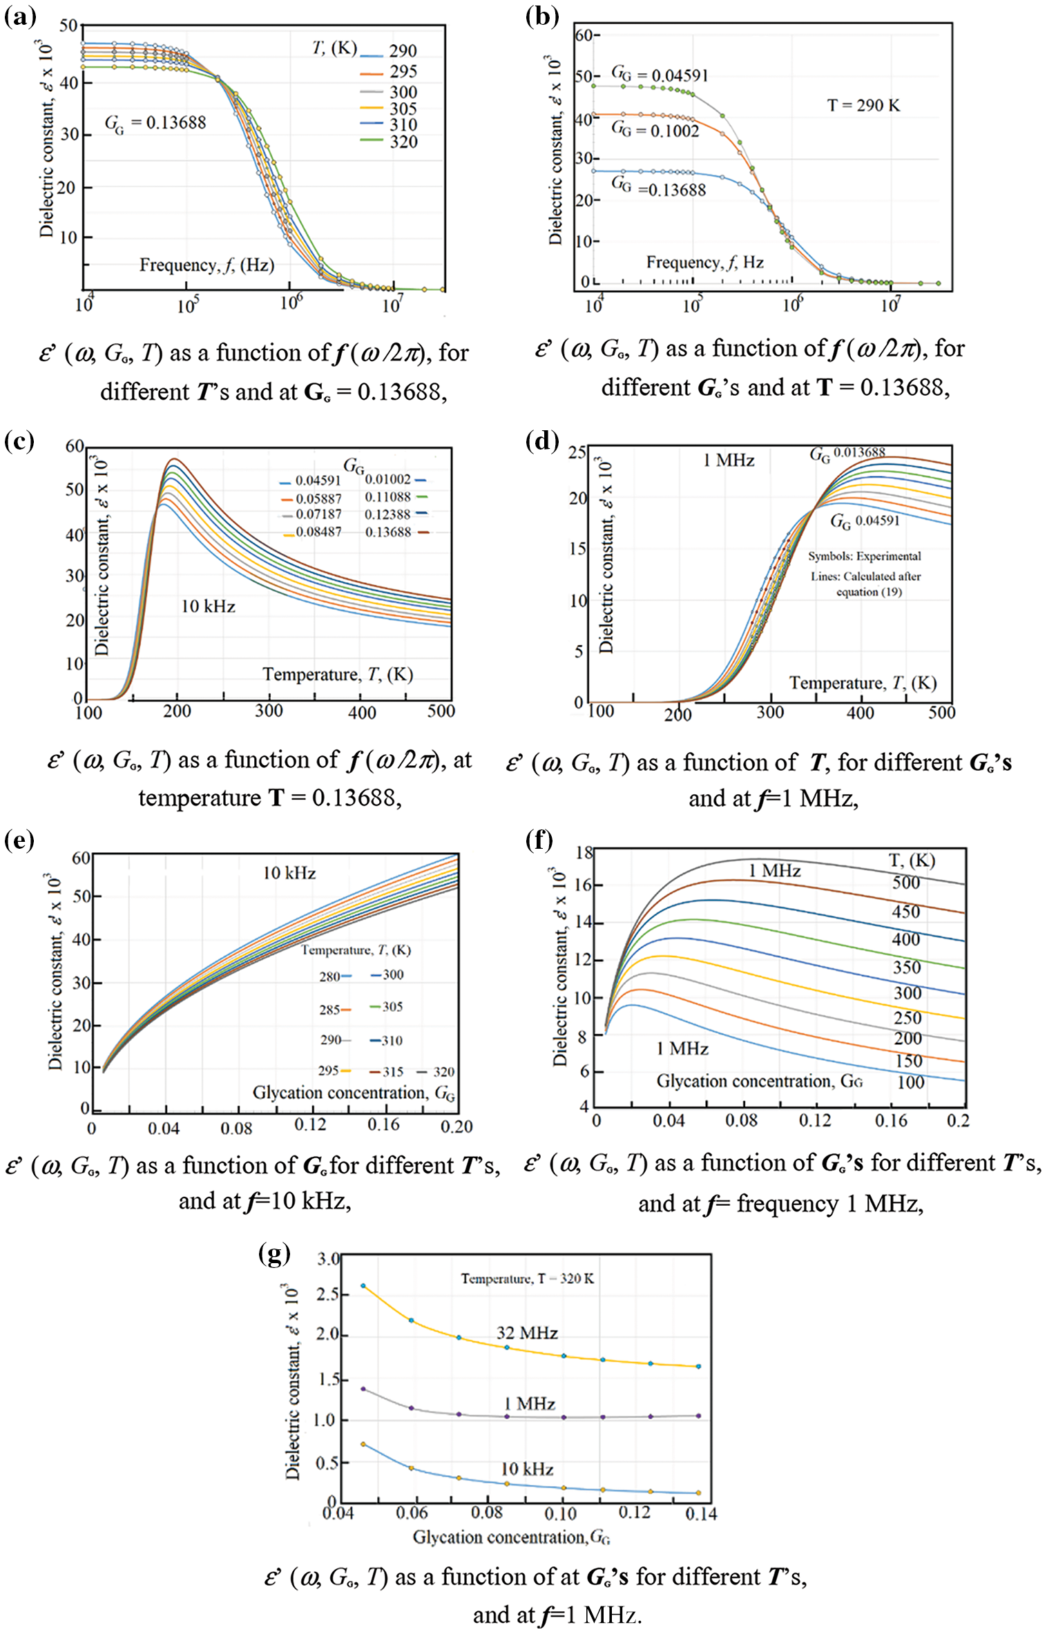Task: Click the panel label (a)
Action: [x=20, y=16]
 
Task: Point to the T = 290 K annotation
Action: [x=863, y=106]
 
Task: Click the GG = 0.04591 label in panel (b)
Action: [x=660, y=75]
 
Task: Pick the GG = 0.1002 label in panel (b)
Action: [x=655, y=130]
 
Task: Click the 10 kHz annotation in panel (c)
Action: [x=208, y=606]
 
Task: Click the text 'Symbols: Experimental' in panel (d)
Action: [x=864, y=556]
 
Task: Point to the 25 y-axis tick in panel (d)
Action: [x=577, y=453]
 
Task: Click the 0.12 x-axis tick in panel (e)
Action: [x=310, y=1124]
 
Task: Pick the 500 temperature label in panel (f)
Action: [x=905, y=883]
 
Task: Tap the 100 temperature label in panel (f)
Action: [x=910, y=1082]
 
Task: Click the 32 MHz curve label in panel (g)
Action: [x=527, y=1333]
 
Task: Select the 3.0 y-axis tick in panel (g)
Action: [x=328, y=1258]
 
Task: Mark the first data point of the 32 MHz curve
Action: [x=363, y=1286]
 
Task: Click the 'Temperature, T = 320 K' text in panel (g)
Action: [x=527, y=1278]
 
